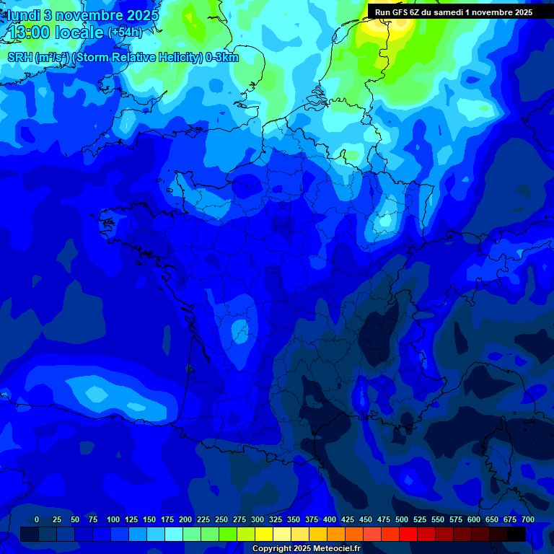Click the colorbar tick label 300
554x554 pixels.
tap(258, 519)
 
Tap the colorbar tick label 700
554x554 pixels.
tap(527, 519)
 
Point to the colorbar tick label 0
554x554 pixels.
tap(37, 519)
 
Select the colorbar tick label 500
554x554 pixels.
tap(402, 519)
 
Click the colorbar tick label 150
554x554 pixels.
tap(149, 519)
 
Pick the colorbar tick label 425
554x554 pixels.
tap(348, 519)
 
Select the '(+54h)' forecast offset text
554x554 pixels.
tap(124, 33)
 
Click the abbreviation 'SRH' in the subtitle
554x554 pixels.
tap(19, 58)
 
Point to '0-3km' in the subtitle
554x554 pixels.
tap(221, 58)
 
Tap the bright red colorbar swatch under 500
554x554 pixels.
tap(408, 535)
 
